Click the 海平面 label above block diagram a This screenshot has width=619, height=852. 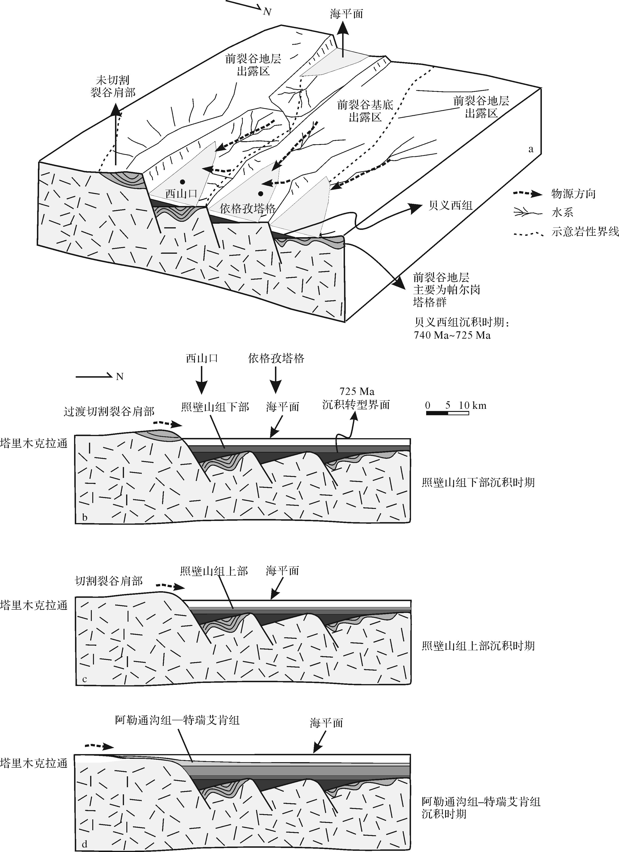tap(346, 14)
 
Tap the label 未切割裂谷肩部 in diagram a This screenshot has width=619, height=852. tap(113, 86)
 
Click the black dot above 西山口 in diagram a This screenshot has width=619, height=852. tap(182, 182)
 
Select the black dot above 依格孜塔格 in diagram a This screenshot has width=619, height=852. tap(260, 194)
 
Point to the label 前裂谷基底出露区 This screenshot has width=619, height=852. tap(365, 111)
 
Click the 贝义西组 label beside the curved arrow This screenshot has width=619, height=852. tap(450, 205)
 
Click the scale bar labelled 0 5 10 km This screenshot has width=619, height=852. tap(447, 413)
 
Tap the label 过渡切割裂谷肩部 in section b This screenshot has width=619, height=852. tap(109, 412)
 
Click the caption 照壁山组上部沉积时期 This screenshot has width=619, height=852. tap(478, 646)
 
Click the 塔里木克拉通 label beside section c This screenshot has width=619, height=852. tap(34, 605)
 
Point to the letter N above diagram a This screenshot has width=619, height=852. tap(267, 12)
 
